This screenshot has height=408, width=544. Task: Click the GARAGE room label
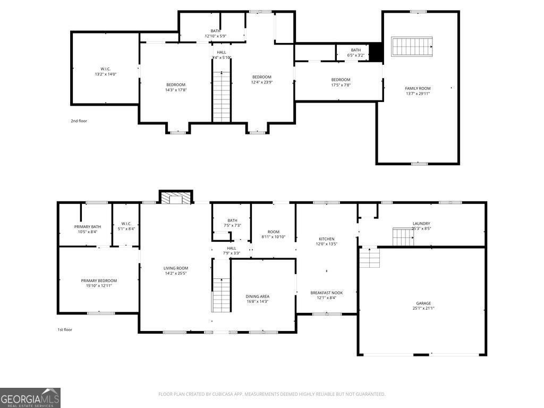pyautogui.click(x=423, y=303)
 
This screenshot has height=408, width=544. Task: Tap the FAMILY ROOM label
pyautogui.click(x=418, y=88)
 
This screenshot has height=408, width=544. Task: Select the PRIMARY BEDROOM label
pyautogui.click(x=99, y=280)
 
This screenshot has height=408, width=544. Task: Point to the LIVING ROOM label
pyautogui.click(x=176, y=268)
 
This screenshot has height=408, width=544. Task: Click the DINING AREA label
pyautogui.click(x=258, y=296)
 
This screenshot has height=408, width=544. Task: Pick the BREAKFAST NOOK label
pyautogui.click(x=327, y=293)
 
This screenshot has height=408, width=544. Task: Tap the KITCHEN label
pyautogui.click(x=327, y=239)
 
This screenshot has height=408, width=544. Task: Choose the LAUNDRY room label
pyautogui.click(x=421, y=224)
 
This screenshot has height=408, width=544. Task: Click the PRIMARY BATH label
pyautogui.click(x=88, y=227)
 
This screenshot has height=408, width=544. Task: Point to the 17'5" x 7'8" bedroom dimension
pyautogui.click(x=341, y=85)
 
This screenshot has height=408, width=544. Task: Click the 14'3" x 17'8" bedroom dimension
pyautogui.click(x=176, y=90)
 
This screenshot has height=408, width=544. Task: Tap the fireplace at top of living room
pyautogui.click(x=176, y=198)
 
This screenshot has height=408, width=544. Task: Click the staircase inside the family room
pyautogui.click(x=412, y=47)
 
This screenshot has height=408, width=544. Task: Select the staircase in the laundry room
pyautogui.click(x=403, y=236)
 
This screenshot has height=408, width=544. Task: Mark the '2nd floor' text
pyautogui.click(x=79, y=121)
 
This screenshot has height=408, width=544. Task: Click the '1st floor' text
pyautogui.click(x=65, y=330)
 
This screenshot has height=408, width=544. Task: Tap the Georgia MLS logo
pyautogui.click(x=30, y=397)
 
